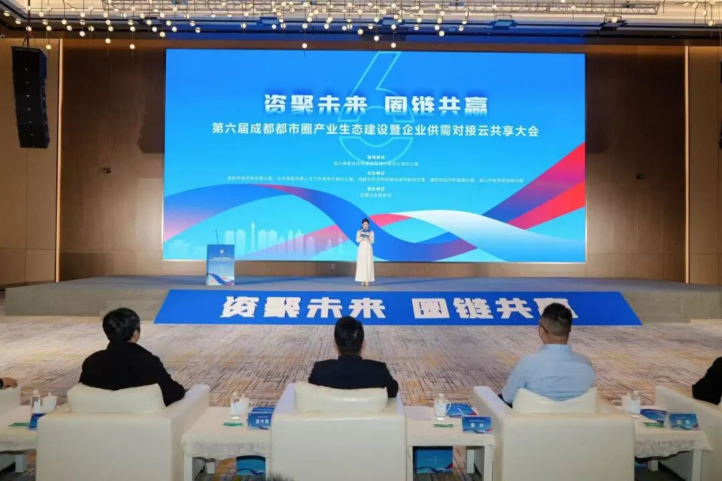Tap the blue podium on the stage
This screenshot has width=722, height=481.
[x=220, y=265]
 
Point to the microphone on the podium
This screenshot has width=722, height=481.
[x=217, y=236]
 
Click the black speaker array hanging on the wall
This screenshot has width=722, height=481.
[x=31, y=97]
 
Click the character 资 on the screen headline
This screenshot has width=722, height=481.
[x=277, y=105]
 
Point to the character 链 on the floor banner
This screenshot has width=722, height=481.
[x=473, y=308]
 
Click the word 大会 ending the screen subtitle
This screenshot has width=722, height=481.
[x=525, y=130]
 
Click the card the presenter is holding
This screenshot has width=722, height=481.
[x=364, y=234]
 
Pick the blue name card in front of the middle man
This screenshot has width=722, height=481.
[x=260, y=420]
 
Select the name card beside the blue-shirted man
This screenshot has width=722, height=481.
[x=476, y=424]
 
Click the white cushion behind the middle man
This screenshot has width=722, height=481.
[x=340, y=397]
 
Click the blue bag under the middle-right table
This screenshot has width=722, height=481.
[x=433, y=460]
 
